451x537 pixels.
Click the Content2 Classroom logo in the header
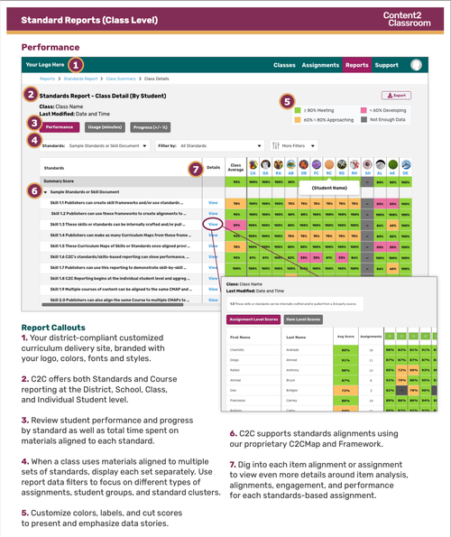click(401, 19)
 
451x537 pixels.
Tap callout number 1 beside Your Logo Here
click(77, 64)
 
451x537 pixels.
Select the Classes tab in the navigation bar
click(285, 65)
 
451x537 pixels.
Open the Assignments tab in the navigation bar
click(320, 65)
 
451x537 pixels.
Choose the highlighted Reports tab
click(357, 65)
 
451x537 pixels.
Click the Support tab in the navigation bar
click(387, 65)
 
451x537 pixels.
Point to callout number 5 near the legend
click(288, 101)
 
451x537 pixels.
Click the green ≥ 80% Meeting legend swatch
click(298, 108)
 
